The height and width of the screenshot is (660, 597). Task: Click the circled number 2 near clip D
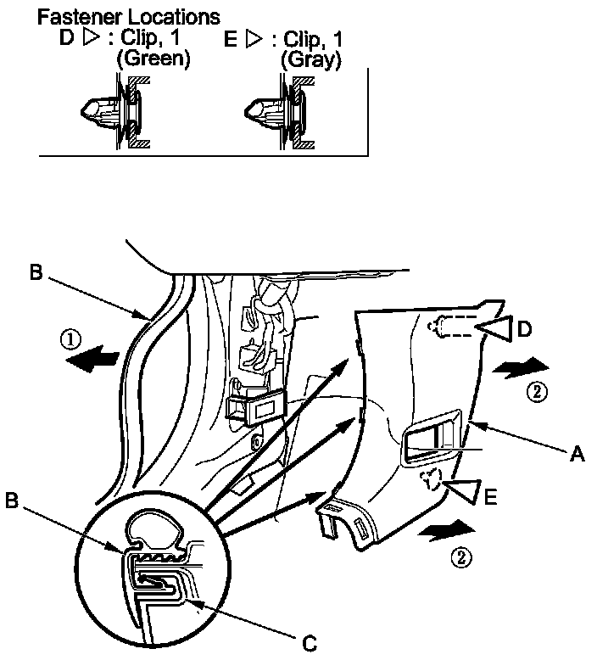coord(534,391)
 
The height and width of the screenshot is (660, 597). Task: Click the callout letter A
coord(577,456)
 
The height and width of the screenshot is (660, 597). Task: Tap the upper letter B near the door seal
coord(36,273)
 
